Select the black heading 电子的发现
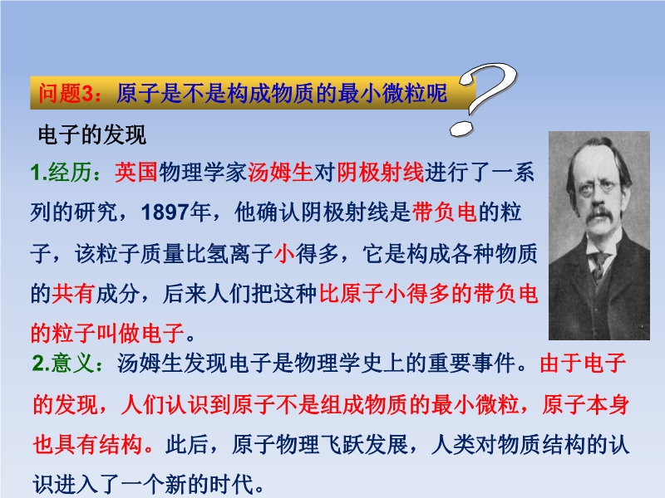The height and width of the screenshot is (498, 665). coord(92,135)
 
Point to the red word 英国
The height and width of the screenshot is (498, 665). coord(136,173)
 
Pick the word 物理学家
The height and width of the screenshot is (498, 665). coord(203,173)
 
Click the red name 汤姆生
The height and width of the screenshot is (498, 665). coord(280,173)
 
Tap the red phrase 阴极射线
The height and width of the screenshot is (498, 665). coord(381,173)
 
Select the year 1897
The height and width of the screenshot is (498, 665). coord(165,212)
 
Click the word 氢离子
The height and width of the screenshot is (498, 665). coord(240,253)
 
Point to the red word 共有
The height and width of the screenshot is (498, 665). coord(73,294)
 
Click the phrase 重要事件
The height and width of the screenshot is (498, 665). coord(471,363)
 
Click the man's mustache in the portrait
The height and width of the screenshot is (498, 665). coord(599,216)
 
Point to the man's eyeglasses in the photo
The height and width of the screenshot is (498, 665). coord(597,186)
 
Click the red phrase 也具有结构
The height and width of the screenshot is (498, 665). coord(88,444)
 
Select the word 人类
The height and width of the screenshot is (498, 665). coord(452,444)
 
